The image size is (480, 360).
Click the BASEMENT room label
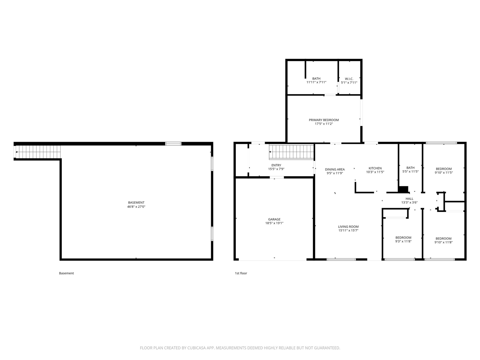[x=136, y=202]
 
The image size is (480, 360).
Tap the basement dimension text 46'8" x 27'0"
[x=136, y=207]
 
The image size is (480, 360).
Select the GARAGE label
[x=274, y=219]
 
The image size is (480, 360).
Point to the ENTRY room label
[x=276, y=165]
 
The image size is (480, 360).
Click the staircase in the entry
[x=291, y=152]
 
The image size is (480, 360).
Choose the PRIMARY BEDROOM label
[x=324, y=120]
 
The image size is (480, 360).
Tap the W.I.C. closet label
[x=349, y=79]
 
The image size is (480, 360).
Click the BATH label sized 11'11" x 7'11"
[x=316, y=79]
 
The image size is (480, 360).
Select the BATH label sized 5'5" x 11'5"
[x=410, y=168]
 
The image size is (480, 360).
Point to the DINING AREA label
[x=334, y=169]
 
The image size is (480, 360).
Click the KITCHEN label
[x=375, y=168]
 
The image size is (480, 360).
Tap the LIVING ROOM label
[x=348, y=226]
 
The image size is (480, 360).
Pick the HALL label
[x=409, y=199]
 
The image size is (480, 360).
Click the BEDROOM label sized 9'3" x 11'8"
[x=403, y=237]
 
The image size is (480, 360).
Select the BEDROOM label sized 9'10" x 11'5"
[x=443, y=169]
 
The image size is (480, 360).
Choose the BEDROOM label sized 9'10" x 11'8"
[x=443, y=238]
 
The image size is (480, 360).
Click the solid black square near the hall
[x=403, y=189]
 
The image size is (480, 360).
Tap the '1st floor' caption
[x=241, y=273]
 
